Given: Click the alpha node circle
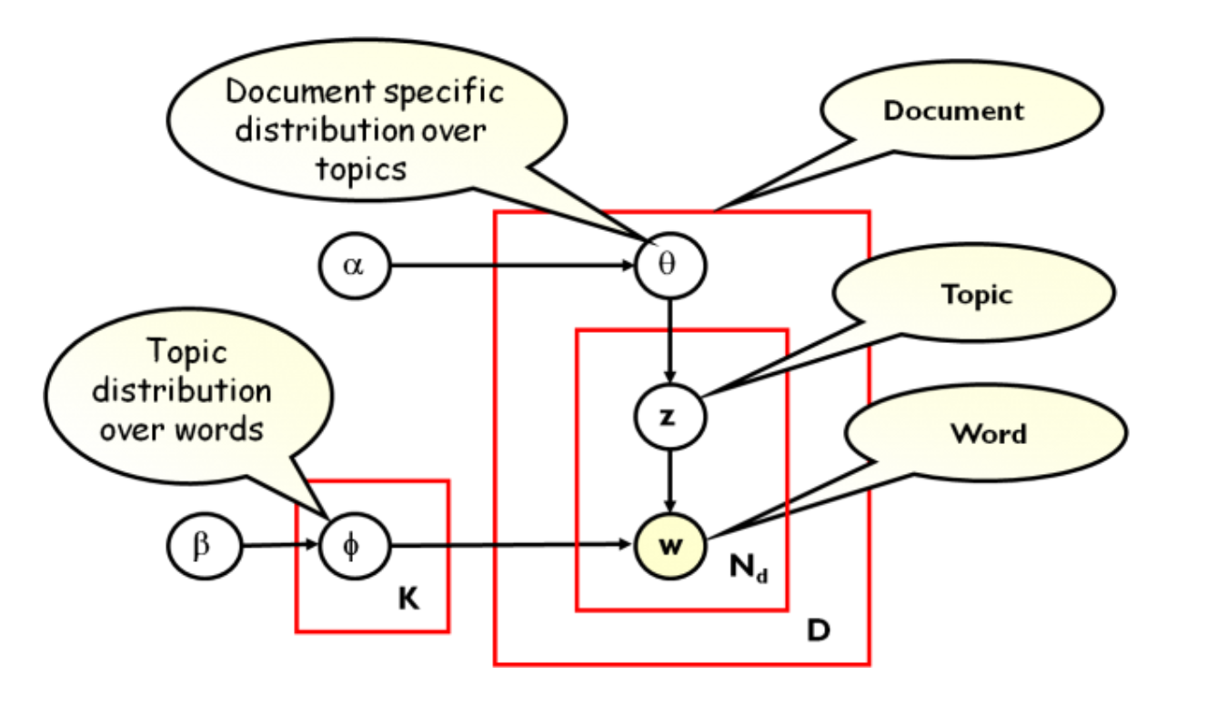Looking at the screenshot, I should (x=354, y=267).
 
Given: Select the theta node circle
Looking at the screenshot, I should (x=670, y=266).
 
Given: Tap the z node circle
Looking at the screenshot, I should (x=670, y=417).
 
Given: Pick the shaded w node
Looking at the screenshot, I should (x=670, y=547).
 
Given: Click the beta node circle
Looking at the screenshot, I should (x=203, y=547).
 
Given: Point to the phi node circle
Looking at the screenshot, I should (x=354, y=547).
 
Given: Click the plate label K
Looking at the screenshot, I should (x=408, y=600).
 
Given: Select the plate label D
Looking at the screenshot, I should (x=818, y=629).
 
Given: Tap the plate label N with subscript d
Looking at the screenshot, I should (x=748, y=569).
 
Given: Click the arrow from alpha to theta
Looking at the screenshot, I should (x=509, y=267).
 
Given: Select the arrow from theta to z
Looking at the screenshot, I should (x=670, y=340).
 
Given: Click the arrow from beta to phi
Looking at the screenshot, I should (x=278, y=547).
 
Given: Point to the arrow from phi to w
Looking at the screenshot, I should (x=509, y=547).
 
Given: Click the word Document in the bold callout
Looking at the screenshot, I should (x=953, y=111).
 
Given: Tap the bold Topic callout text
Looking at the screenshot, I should (x=976, y=294).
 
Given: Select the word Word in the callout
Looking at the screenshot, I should (x=988, y=433).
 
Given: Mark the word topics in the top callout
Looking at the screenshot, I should (x=361, y=167).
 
